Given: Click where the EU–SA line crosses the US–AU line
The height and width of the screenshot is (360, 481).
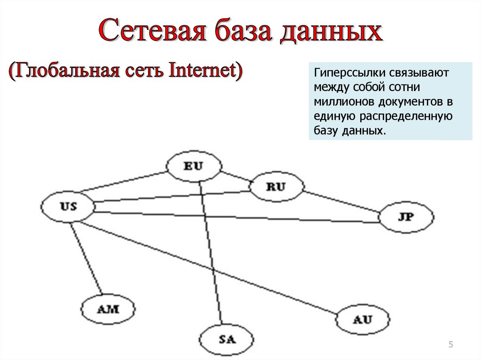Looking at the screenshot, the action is (213, 270).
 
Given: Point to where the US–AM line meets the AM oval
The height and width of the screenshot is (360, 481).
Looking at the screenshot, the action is (102, 295).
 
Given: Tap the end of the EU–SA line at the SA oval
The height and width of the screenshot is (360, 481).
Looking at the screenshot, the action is (222, 325).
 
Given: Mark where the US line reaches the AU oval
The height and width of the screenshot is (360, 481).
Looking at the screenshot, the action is (337, 314).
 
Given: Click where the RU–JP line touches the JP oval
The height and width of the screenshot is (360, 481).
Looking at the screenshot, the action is (380, 212).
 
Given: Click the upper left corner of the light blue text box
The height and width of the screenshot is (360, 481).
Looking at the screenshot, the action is (309, 62).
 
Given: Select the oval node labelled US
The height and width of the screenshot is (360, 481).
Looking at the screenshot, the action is (68, 207).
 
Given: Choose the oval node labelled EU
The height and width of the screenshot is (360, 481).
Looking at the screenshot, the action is (194, 166).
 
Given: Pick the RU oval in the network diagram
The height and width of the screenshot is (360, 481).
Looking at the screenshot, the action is (276, 186).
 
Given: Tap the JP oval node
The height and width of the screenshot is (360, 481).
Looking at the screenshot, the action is (406, 217).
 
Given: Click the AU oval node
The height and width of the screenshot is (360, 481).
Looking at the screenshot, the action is (363, 320).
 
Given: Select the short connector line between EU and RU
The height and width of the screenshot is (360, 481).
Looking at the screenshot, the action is (236, 176).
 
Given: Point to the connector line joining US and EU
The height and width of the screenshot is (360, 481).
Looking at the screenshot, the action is (123, 182).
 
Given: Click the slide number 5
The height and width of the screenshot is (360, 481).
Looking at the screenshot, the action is (450, 345).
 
